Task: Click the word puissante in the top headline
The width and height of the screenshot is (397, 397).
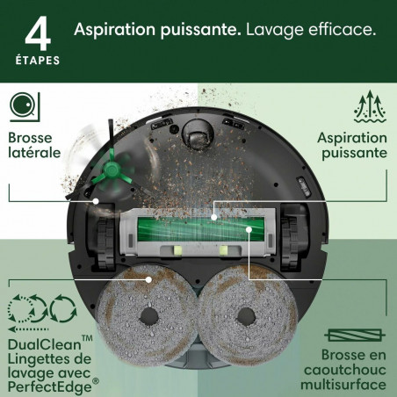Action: click(x=184, y=30)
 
